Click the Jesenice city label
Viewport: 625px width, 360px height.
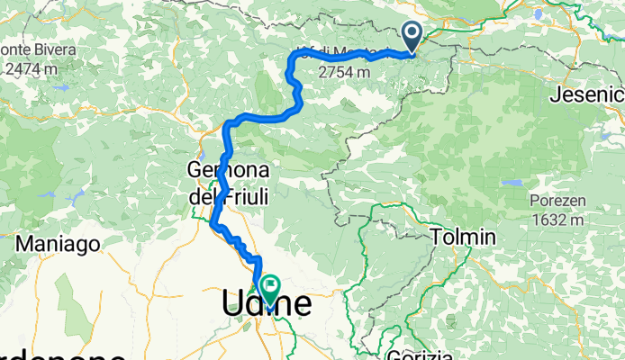click(590, 94)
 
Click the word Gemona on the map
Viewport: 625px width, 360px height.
click(224, 169)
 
